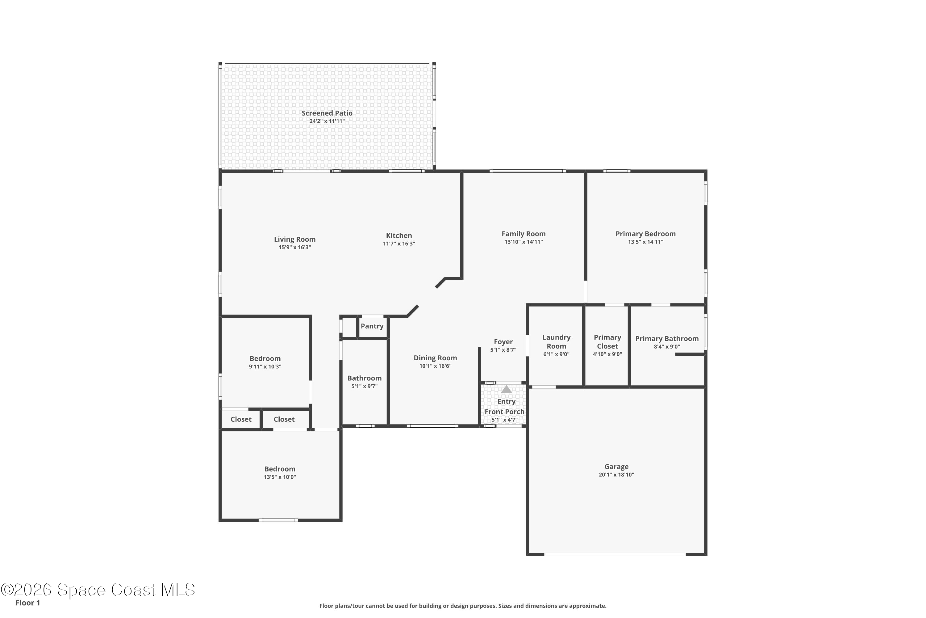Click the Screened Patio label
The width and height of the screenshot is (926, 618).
point(327,113)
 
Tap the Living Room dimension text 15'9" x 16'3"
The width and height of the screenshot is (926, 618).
point(295,248)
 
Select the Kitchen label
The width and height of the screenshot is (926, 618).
point(399,236)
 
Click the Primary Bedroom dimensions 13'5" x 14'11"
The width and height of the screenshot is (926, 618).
point(646,242)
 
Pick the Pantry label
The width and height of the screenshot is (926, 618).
point(372,326)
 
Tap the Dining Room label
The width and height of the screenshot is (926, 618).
point(436,358)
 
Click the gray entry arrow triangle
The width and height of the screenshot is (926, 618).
point(507,389)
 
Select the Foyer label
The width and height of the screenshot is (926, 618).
point(503,342)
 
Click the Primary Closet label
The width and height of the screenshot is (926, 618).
point(607,342)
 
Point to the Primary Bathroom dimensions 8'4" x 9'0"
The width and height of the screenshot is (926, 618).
point(667,347)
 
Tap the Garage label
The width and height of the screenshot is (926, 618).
point(616,467)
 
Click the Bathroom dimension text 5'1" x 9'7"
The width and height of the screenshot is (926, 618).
point(365,386)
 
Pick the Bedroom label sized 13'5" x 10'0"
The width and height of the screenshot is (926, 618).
point(280,469)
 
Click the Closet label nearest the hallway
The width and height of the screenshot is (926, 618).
point(284,419)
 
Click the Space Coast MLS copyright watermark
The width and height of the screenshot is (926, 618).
point(98,590)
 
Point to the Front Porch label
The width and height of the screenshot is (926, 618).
point(505,412)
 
